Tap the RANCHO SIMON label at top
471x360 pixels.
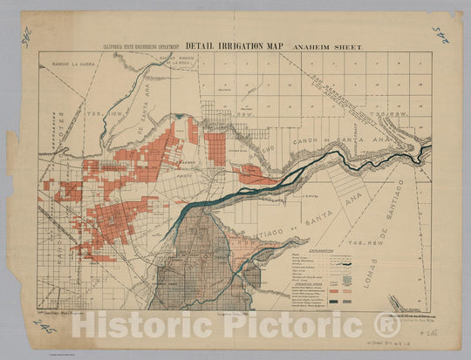174,58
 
